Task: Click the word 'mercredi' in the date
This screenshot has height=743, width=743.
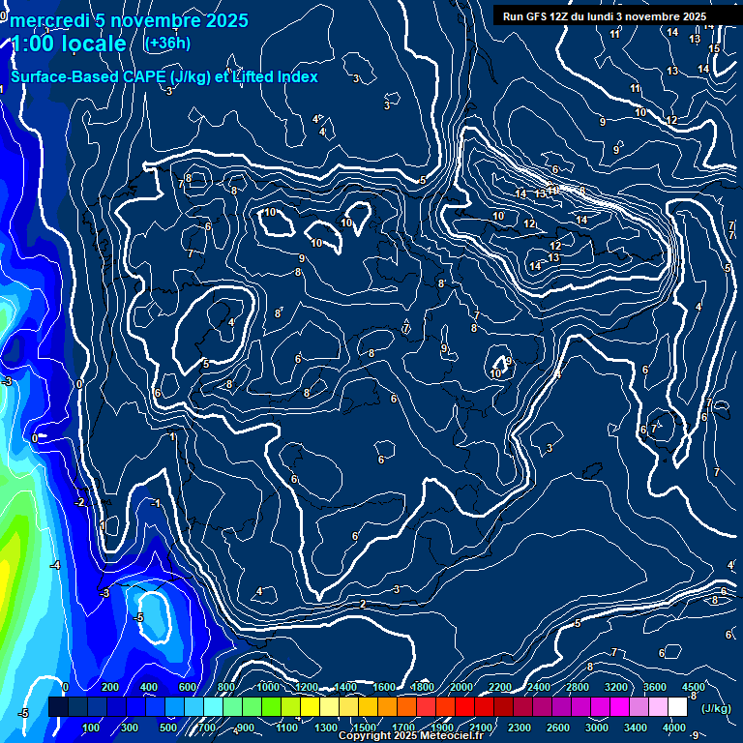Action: [49, 20]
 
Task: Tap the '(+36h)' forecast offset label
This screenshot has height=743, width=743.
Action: [167, 44]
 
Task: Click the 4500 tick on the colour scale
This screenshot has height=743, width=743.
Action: [694, 687]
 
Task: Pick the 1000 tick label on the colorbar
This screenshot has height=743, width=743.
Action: [268, 687]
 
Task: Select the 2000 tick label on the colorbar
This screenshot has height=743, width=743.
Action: [461, 687]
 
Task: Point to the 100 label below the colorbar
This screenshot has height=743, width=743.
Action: [92, 728]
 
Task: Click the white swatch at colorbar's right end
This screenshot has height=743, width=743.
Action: [677, 707]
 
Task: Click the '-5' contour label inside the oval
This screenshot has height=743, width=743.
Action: [139, 617]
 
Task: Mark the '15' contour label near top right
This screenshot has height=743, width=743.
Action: [714, 48]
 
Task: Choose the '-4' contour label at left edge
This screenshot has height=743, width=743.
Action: [55, 565]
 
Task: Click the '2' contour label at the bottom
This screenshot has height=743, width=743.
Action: [362, 604]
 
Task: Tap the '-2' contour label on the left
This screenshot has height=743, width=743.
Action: [80, 502]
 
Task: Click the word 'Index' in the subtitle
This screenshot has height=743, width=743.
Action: [296, 76]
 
